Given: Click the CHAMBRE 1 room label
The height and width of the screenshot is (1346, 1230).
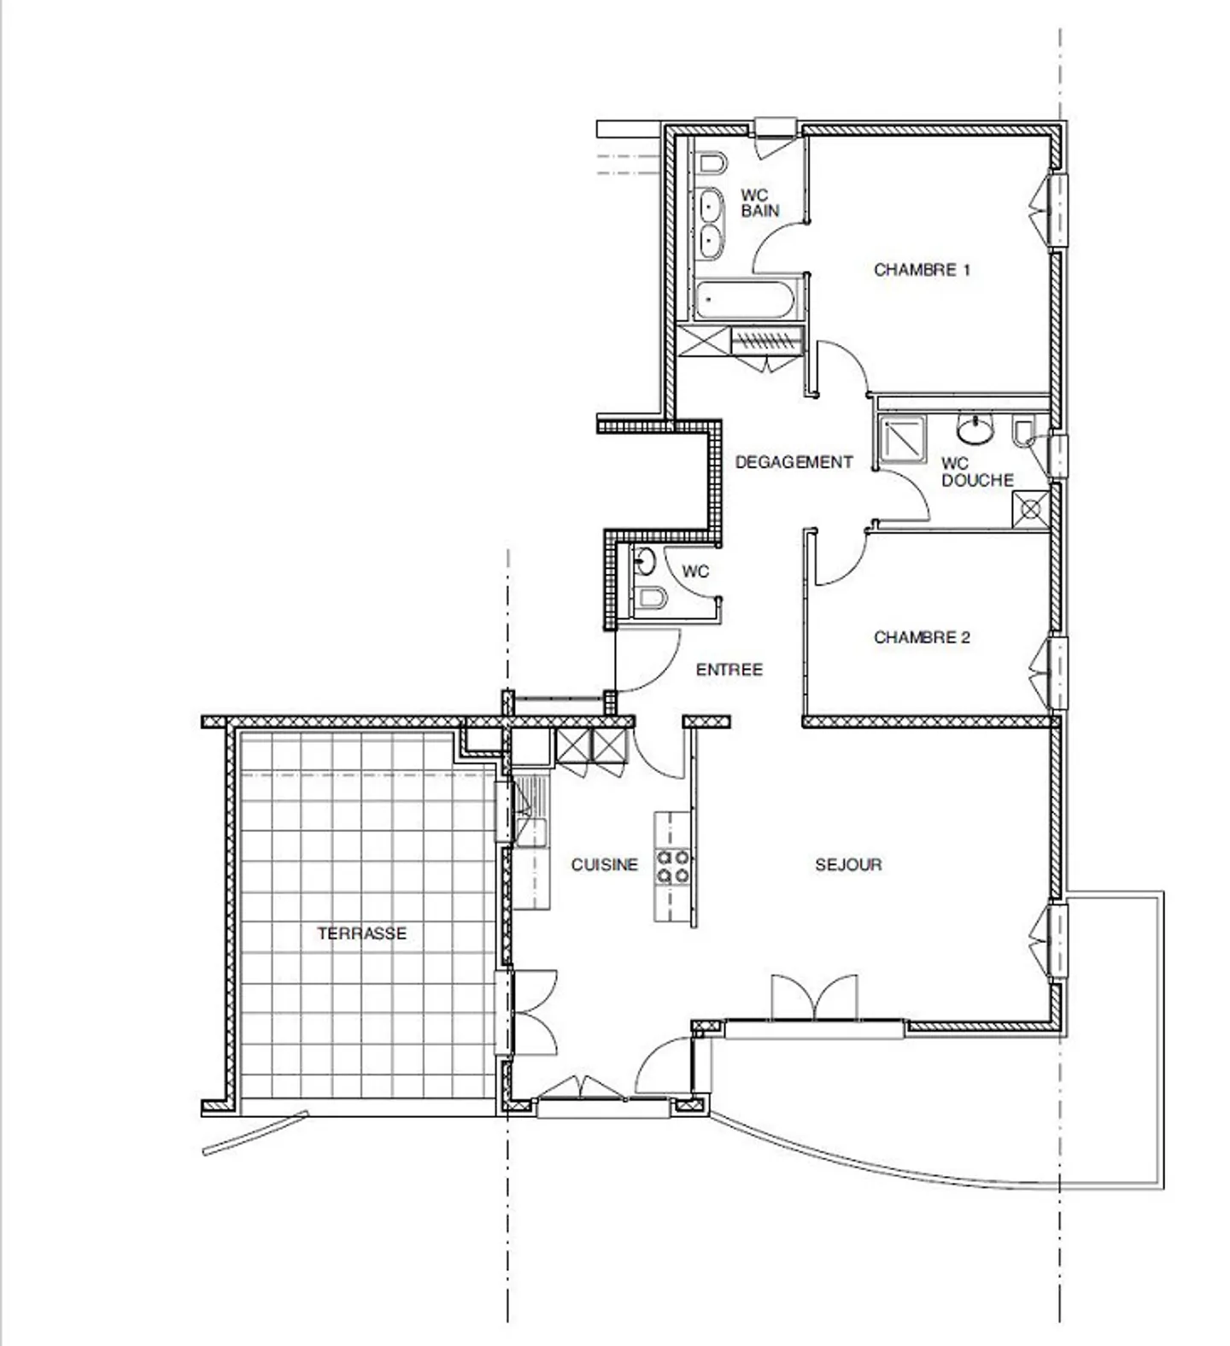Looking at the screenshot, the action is pos(922,270).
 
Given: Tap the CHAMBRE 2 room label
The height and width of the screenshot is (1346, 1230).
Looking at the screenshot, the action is pos(922,637).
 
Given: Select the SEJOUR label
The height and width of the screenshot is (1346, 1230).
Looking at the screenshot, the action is pos(848,864).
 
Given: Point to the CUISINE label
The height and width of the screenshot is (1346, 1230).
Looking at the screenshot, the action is pos(605,864).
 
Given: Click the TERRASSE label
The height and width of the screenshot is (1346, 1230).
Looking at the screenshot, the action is pos(362,933).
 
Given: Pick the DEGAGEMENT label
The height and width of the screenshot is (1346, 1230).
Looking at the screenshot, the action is pos(794,462).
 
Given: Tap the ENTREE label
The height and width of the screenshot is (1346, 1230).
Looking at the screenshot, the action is pos(729,670).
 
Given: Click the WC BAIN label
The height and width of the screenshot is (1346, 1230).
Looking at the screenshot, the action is pos(760,203).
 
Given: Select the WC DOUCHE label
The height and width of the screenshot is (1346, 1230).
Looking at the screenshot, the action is pos(977,472).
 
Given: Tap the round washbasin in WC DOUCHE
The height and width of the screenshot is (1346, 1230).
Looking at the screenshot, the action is pos(975,430).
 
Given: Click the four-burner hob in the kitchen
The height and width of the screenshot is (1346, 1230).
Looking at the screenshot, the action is pos(672,866).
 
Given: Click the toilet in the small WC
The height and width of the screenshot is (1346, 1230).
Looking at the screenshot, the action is pos(651,598).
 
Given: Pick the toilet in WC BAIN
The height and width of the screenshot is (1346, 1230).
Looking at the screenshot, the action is pos(712,163).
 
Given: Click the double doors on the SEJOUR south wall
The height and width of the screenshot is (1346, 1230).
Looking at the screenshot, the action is pos(814,998).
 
